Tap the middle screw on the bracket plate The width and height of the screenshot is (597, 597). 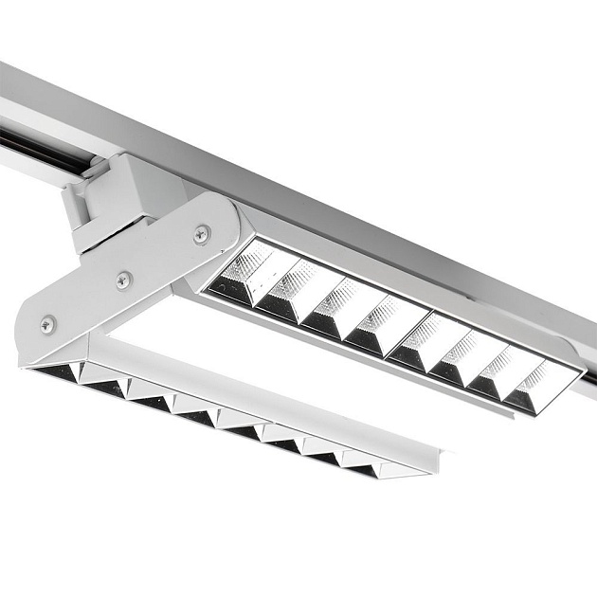124,280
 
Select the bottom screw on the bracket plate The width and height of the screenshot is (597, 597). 47,324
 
